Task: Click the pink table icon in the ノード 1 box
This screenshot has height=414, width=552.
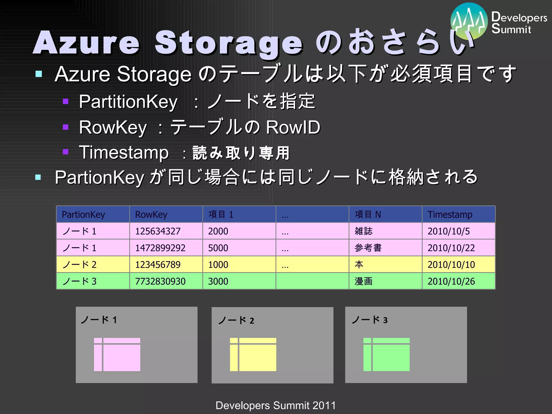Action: (117, 354)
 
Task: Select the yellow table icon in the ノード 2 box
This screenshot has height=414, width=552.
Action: (253, 354)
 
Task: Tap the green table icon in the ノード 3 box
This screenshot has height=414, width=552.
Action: (386, 354)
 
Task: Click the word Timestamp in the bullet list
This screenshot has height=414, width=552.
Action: (124, 153)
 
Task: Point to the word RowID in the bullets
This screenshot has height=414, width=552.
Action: (293, 127)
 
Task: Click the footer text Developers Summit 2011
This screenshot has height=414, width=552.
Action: (276, 405)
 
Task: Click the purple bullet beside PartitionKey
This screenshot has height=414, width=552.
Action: (65, 102)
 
